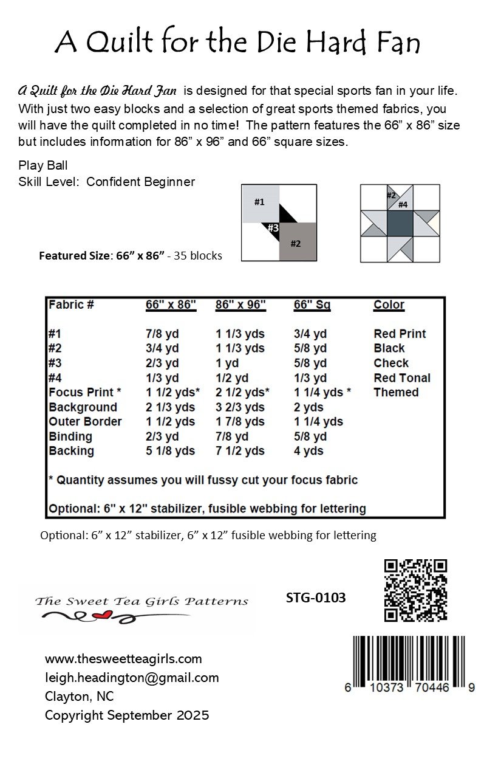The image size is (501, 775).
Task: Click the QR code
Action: click(416, 590)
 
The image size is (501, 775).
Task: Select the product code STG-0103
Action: click(315, 598)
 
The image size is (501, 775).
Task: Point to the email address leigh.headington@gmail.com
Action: click(132, 677)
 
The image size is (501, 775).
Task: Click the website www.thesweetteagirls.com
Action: click(123, 659)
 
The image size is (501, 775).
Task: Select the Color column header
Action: click(389, 305)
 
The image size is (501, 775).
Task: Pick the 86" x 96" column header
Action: click(240, 305)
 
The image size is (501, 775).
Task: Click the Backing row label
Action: click(71, 451)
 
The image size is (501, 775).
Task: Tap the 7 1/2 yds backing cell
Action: click(240, 451)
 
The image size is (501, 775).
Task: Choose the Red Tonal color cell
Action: click(401, 377)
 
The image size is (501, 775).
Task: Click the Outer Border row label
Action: click(85, 421)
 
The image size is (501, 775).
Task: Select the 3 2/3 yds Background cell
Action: click(240, 407)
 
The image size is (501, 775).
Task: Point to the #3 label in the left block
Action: click(273, 228)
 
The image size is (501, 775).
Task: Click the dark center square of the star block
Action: click(400, 223)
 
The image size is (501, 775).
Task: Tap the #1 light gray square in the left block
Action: click(260, 203)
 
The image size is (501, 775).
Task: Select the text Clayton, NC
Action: click(79, 696)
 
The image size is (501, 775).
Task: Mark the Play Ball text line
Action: click(43, 165)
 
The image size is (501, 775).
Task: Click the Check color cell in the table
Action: click(391, 363)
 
